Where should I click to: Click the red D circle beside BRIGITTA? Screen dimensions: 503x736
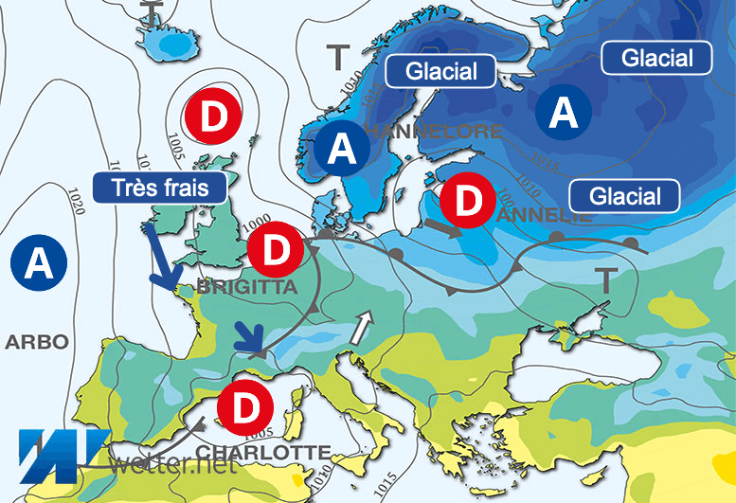pos(274,250)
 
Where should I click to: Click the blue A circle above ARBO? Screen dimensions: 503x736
pos(39,262)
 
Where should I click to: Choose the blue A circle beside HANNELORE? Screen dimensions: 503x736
pos(343,150)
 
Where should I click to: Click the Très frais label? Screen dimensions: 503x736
pos(164,186)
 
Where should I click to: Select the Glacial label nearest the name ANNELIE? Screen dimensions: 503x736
pos(625,196)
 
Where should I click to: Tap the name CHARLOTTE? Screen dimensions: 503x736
pos(263,452)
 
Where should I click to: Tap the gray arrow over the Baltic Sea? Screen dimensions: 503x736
pos(441,228)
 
